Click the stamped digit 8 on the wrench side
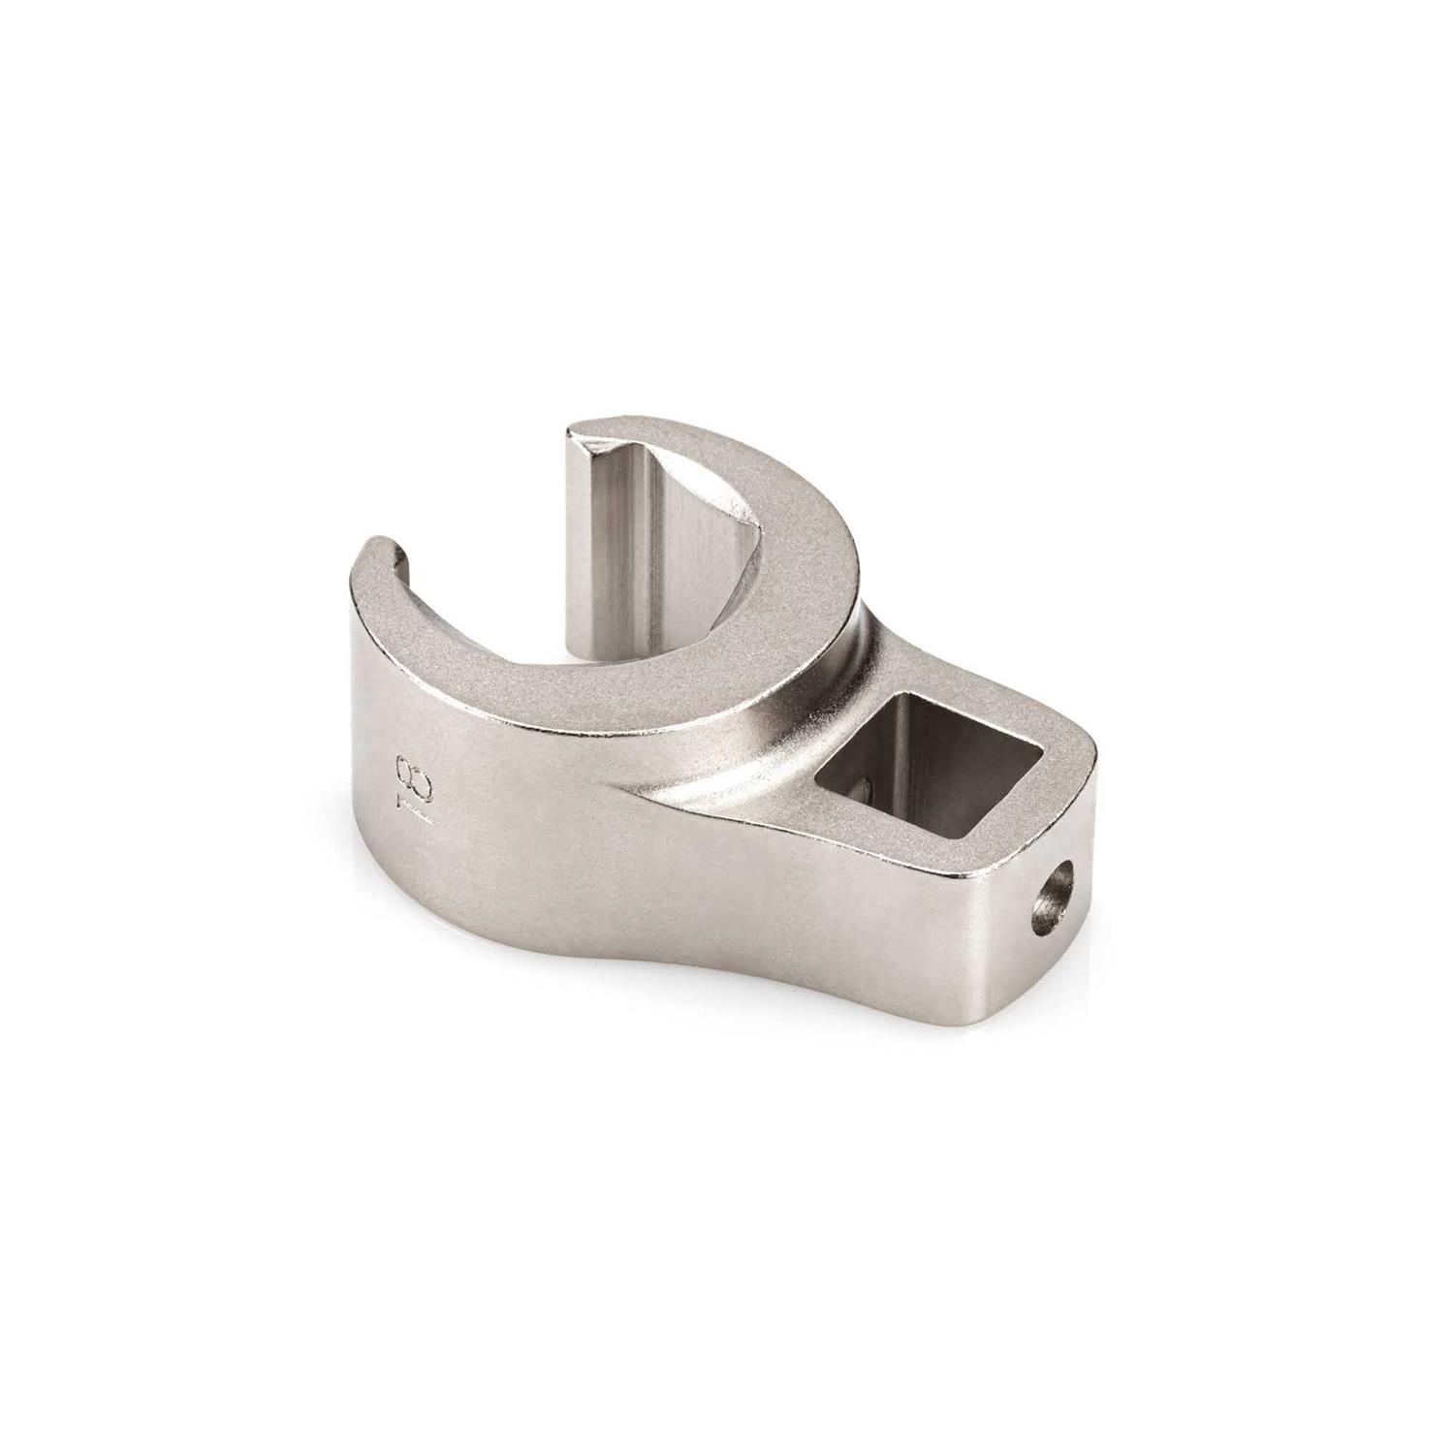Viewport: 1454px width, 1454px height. pos(404,772)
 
